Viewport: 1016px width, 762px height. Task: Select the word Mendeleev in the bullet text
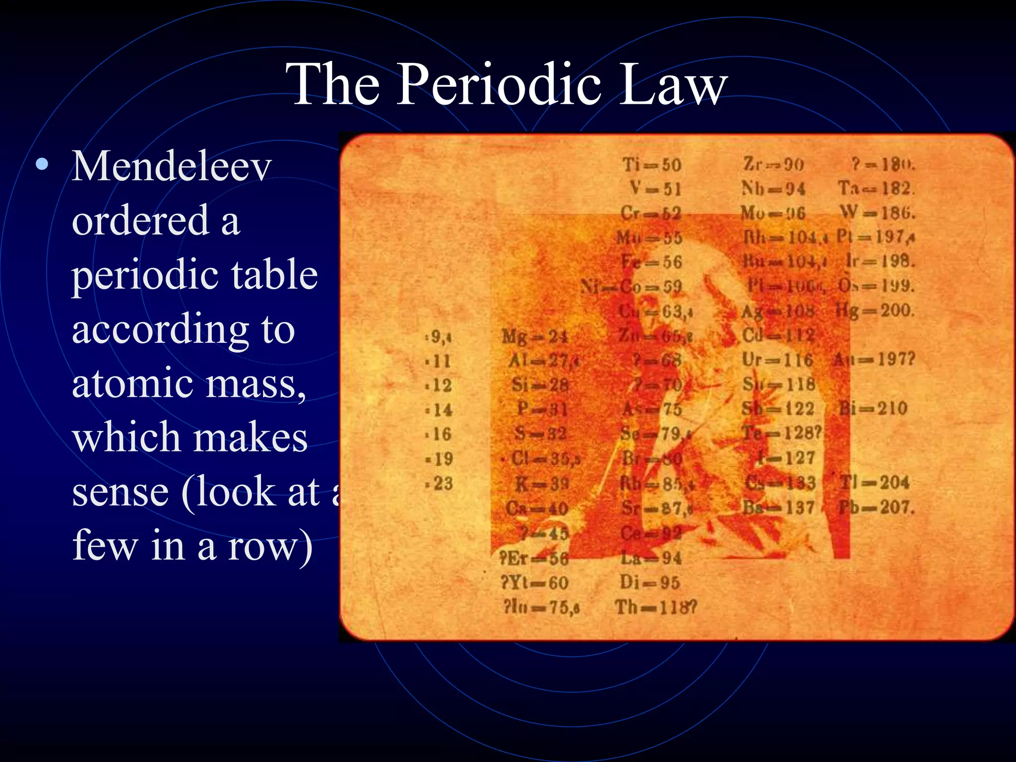tap(172, 166)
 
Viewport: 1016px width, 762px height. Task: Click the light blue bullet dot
tap(43, 164)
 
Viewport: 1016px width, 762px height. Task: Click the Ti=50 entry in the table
tap(652, 165)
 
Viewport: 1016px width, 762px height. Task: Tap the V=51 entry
tap(655, 189)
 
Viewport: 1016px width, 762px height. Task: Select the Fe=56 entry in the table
tap(652, 262)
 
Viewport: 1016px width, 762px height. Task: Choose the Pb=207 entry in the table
tap(876, 508)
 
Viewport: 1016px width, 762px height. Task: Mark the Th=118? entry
tap(656, 607)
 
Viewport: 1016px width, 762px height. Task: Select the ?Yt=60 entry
tap(534, 582)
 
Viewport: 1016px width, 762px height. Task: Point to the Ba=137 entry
tap(778, 508)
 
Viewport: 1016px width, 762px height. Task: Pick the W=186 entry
tap(877, 213)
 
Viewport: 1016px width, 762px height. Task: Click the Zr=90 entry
tap(773, 165)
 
